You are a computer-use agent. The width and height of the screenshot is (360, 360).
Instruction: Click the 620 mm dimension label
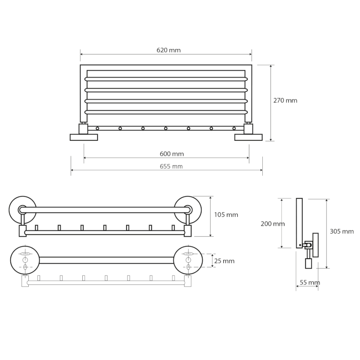point(168,50)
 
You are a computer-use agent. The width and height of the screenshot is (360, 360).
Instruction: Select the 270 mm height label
point(285,100)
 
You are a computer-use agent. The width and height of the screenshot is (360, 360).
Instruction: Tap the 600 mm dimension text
point(172,153)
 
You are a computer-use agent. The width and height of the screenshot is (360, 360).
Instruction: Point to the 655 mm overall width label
point(171,166)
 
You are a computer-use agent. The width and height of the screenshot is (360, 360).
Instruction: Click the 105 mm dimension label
point(226,215)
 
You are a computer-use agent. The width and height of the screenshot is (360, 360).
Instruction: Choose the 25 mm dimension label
point(224,261)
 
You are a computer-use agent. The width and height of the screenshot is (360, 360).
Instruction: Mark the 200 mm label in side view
point(273,224)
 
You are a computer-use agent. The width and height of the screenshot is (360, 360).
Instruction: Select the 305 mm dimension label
point(342,231)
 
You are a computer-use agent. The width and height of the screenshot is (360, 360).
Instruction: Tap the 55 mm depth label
point(310,283)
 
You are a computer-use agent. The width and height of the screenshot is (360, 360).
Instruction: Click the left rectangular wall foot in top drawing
point(84,137)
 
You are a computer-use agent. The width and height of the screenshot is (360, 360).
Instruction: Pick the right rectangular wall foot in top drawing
point(248,137)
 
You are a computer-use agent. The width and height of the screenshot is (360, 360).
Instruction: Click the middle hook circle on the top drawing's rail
point(166,128)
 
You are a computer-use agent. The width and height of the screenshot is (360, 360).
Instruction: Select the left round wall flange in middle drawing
point(22,210)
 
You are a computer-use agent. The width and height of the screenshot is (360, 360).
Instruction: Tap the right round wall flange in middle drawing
point(188,210)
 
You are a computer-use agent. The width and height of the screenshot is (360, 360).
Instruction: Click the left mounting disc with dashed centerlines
point(25,260)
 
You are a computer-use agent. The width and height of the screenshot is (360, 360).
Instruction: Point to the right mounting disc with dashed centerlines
point(188,260)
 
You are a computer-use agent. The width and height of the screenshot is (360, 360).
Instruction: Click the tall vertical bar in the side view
point(299,223)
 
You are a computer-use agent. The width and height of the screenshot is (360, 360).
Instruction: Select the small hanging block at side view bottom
point(308,263)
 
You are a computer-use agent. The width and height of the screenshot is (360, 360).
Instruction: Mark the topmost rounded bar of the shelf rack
point(166,79)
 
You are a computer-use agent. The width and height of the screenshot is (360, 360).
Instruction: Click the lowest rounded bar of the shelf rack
point(166,112)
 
